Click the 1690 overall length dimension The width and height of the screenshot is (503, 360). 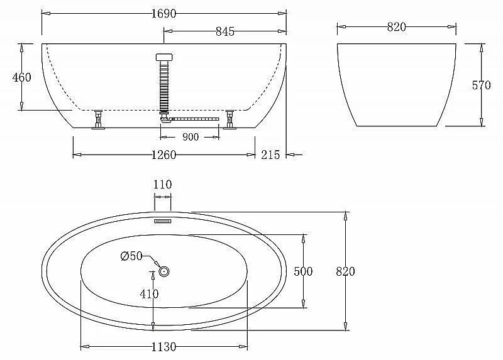click(x=163, y=14)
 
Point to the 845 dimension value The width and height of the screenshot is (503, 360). click(x=225, y=31)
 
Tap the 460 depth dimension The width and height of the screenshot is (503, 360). click(x=22, y=77)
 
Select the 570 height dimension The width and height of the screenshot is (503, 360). click(x=481, y=85)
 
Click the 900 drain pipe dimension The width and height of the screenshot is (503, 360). click(x=191, y=137)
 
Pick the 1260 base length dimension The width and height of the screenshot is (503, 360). click(x=163, y=155)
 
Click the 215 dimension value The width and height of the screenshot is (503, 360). click(x=270, y=155)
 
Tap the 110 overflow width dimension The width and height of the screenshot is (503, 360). click(x=162, y=185)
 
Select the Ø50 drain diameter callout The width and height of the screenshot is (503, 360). click(x=131, y=256)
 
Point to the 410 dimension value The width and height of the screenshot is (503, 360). click(x=149, y=293)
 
